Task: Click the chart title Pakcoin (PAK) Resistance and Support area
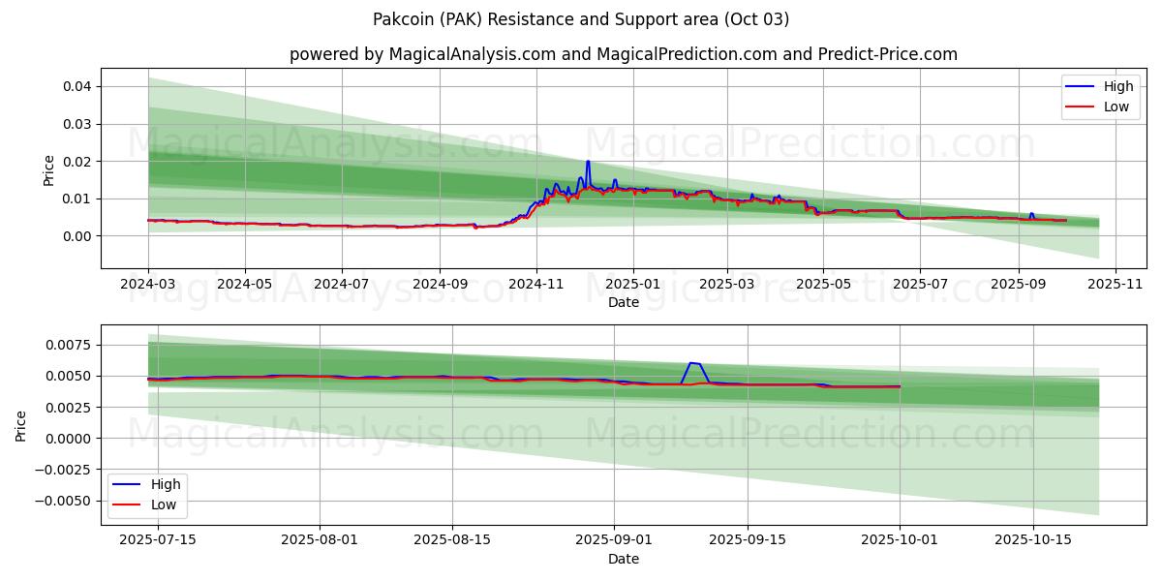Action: [580, 19]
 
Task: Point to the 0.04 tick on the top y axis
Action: [77, 86]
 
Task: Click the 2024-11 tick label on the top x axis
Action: [536, 286]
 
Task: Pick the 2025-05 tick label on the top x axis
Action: [823, 286]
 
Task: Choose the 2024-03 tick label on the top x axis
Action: [148, 286]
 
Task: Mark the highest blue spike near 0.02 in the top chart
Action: [588, 162]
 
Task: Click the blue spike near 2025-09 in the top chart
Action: [1031, 213]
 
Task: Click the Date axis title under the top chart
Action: [623, 302]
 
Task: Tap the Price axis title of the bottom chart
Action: [21, 425]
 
